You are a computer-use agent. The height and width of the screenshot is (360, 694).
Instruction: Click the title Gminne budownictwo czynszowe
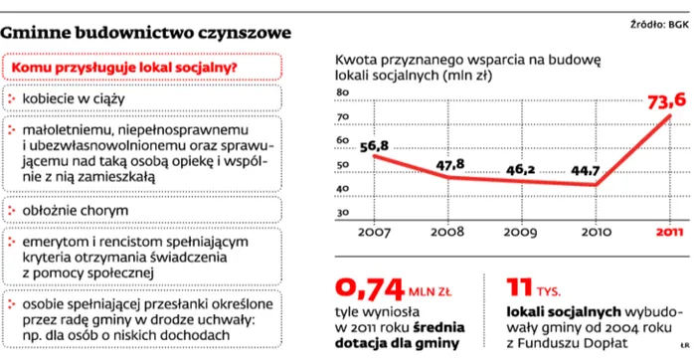[x=146, y=33]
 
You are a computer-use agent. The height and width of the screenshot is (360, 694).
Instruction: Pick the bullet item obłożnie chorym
[x=75, y=210]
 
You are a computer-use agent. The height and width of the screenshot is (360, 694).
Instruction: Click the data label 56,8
[x=374, y=147]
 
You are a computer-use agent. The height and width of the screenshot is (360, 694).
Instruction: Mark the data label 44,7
[x=585, y=171]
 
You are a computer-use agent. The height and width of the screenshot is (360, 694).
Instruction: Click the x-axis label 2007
[x=375, y=233]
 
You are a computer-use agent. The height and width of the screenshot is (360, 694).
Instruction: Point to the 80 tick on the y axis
[x=345, y=92]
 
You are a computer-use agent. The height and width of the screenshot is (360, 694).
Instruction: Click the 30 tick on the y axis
[x=345, y=213]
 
